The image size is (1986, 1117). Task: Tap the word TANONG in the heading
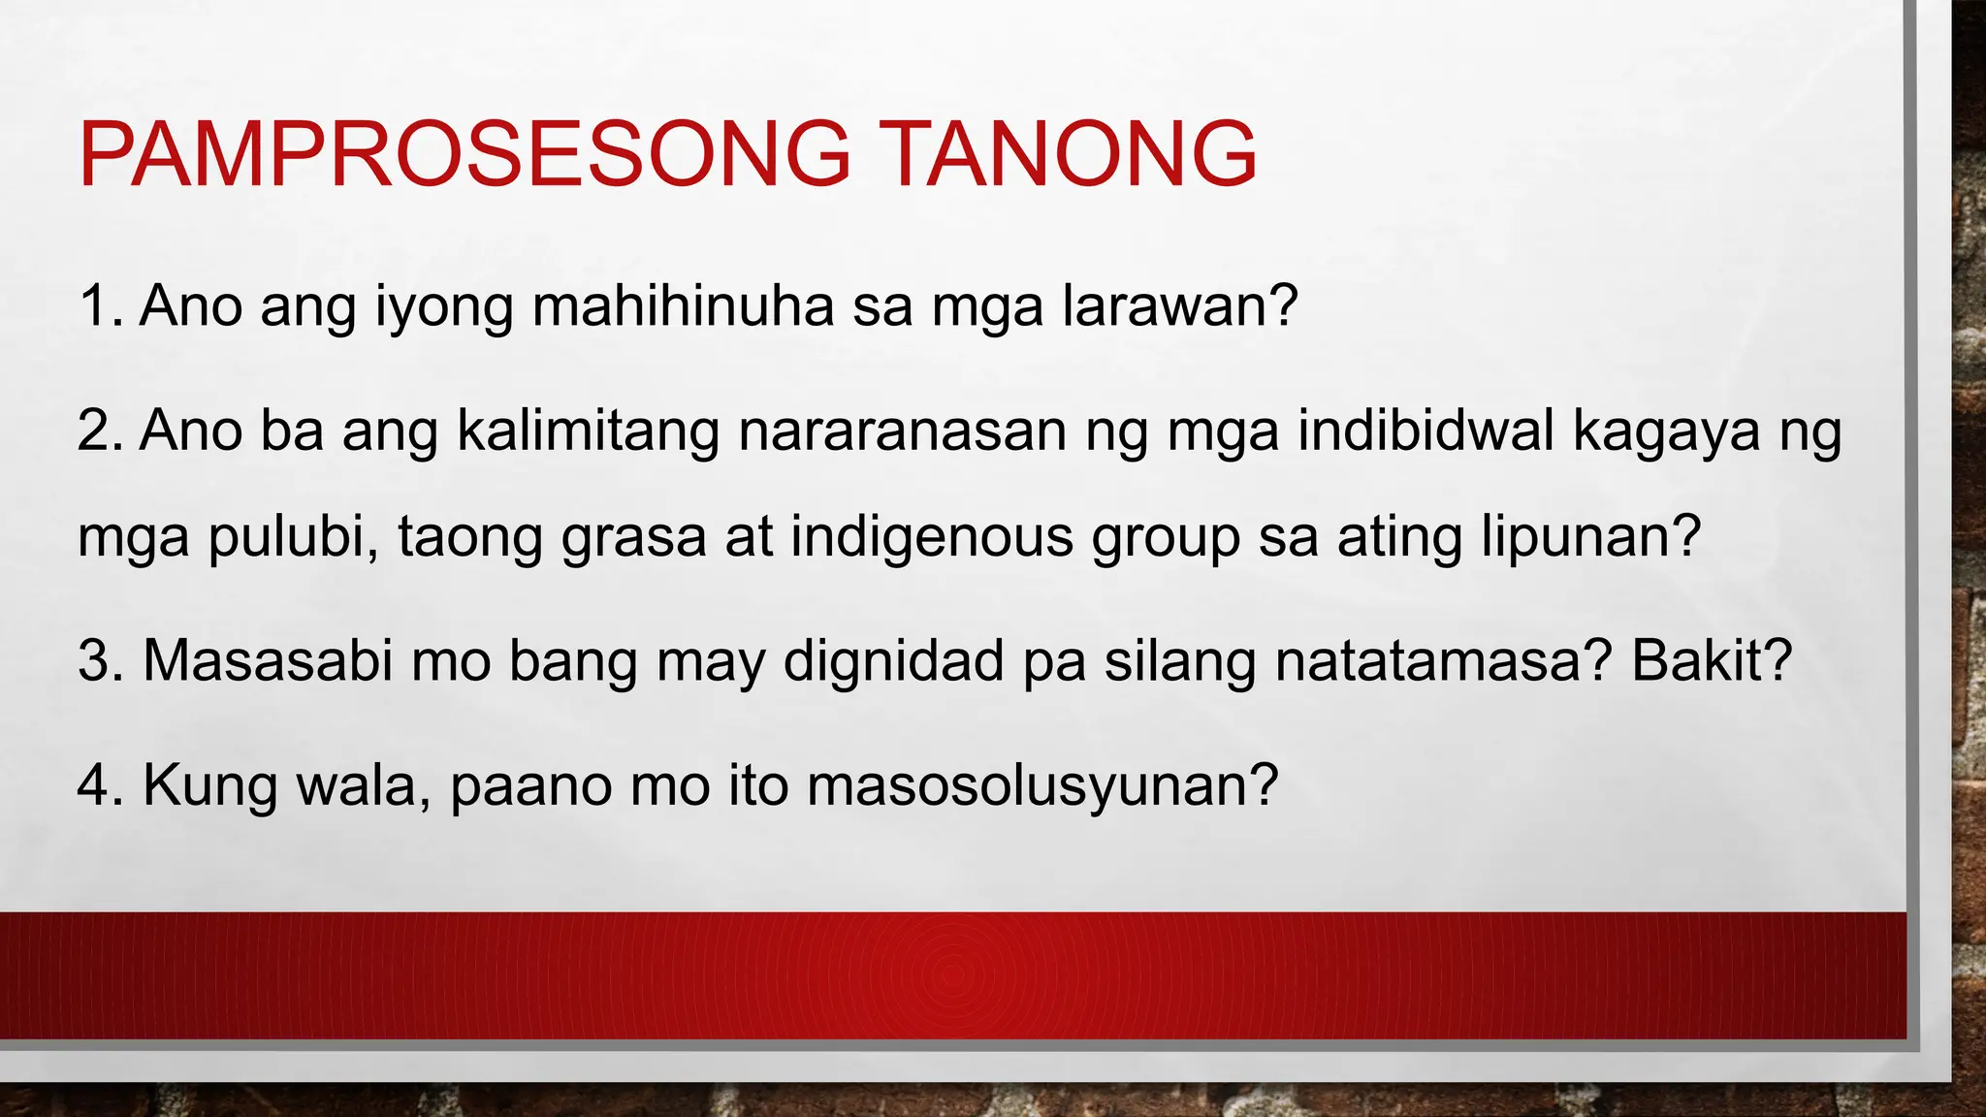[x=1071, y=155]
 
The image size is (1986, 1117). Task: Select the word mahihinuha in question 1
[x=683, y=306]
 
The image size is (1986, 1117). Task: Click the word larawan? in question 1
[x=1180, y=306]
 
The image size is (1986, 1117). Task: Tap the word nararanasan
[x=902, y=431]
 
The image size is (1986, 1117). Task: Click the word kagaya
[x=1666, y=432]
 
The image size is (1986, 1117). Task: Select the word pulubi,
[x=293, y=537]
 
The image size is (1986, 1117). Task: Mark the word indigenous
[x=932, y=539]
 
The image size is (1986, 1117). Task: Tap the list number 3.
[x=100, y=661]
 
